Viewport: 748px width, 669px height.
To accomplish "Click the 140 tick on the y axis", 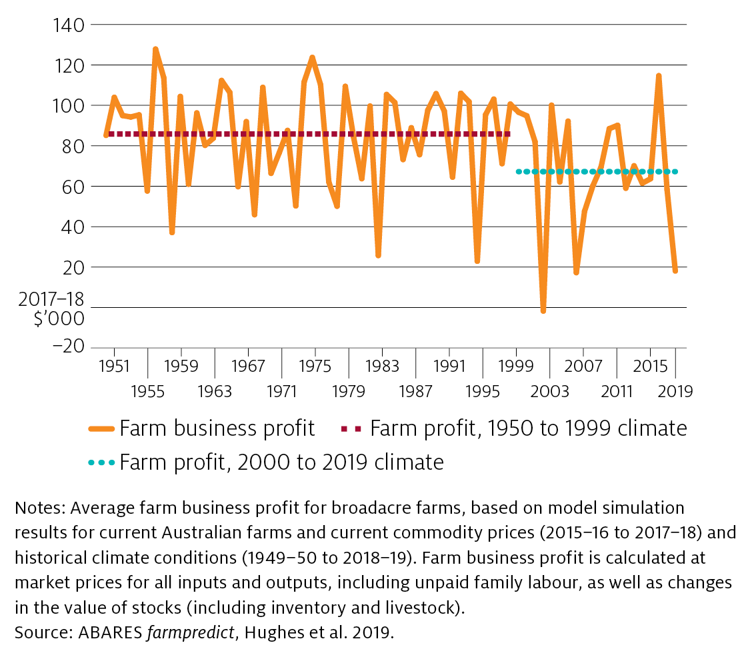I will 65,25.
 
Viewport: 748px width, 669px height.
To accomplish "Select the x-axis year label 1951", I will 114,366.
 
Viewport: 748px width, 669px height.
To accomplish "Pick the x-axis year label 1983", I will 382,366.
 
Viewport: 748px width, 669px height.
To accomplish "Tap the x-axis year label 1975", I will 315,366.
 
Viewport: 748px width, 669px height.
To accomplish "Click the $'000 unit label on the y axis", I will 61,319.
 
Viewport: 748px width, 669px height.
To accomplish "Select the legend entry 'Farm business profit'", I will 217,428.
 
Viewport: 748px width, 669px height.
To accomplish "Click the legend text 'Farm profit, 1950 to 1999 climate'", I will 528,428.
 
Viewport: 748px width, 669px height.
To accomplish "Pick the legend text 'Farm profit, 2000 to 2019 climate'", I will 281,462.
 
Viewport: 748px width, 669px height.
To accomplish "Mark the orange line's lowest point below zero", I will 543,311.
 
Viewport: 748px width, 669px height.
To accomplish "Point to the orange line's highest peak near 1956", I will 155,49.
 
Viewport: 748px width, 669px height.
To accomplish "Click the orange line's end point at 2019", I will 675,271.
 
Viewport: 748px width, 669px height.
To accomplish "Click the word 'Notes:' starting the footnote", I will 39,508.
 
